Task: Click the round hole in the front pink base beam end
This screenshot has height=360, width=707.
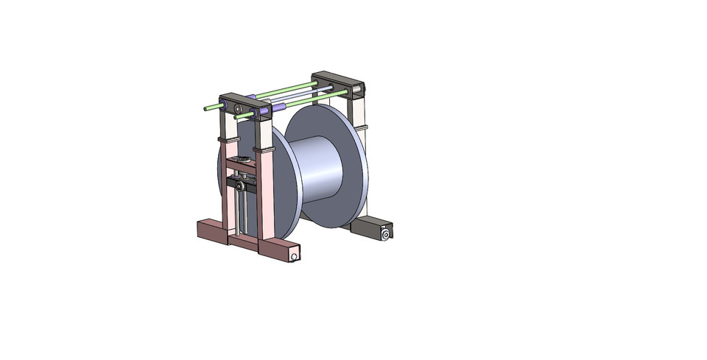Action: (294, 257)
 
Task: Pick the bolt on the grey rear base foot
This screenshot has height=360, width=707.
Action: (384, 234)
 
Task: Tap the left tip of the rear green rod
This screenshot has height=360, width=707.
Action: (207, 109)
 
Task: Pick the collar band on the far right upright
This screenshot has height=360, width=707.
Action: (360, 127)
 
